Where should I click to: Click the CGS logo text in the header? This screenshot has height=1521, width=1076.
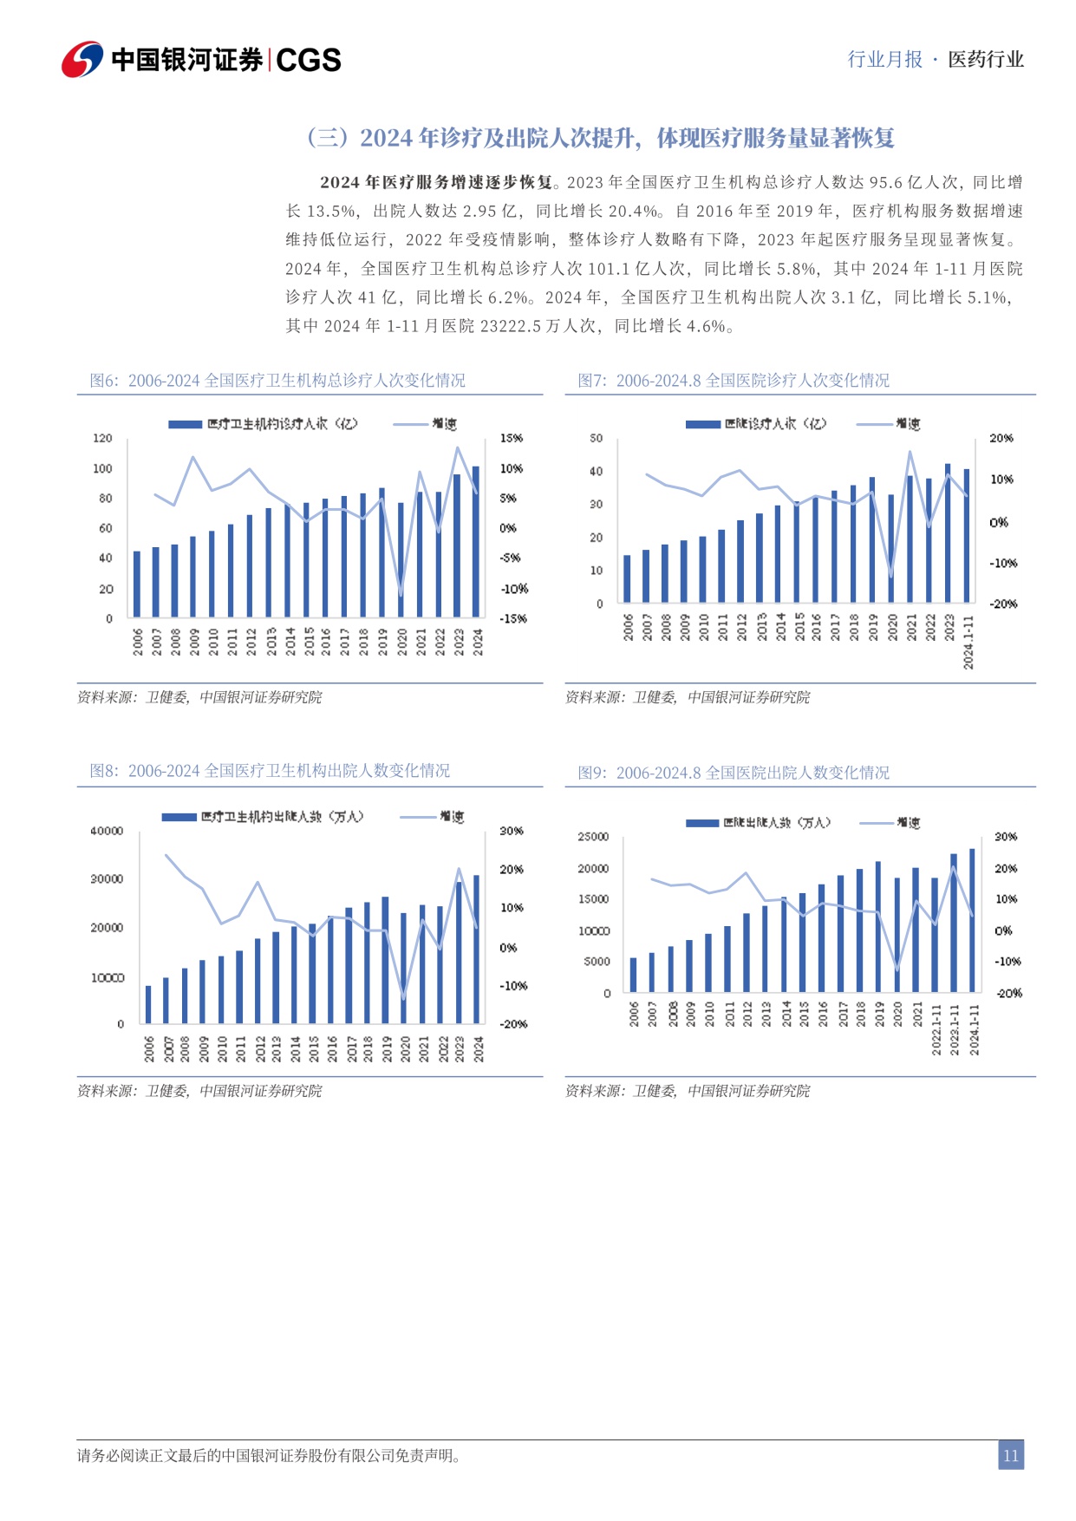click(309, 60)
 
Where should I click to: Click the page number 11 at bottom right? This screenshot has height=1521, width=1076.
click(1010, 1456)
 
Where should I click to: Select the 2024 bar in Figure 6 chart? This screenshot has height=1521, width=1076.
click(475, 541)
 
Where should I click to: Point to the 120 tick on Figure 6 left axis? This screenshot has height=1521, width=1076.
click(103, 438)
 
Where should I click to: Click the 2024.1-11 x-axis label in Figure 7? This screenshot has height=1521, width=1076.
click(968, 643)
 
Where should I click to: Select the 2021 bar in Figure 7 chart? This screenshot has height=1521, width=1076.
click(910, 539)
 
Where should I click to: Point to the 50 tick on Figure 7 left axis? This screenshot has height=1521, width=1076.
click(596, 438)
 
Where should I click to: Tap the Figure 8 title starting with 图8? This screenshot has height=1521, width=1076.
click(270, 770)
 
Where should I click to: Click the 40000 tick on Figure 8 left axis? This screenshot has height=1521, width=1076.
click(107, 831)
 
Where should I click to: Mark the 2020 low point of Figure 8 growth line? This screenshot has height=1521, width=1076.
click(403, 998)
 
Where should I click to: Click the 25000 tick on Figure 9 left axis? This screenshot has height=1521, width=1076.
click(593, 836)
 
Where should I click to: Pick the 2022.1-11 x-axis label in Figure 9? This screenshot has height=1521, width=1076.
click(936, 1029)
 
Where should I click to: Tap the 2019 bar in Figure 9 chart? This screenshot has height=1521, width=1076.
click(878, 926)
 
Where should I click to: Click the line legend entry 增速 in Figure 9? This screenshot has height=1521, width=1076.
click(908, 822)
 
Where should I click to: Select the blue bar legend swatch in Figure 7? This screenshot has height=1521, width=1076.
click(702, 424)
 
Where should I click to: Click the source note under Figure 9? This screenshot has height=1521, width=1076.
click(687, 1091)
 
